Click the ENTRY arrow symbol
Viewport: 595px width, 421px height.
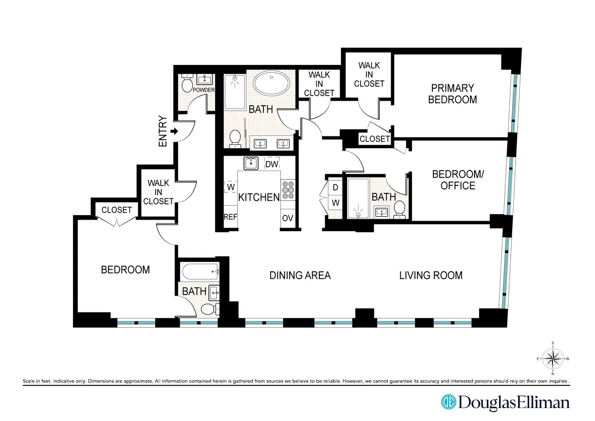[x=174, y=131]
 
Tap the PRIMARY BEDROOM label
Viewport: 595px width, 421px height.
[x=452, y=94]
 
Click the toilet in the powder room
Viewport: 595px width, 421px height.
[x=187, y=84]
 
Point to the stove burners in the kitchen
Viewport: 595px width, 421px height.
[x=288, y=191]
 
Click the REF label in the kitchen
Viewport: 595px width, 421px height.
[x=230, y=217]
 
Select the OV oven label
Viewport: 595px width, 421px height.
[x=288, y=218]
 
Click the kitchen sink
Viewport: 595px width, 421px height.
[x=250, y=163]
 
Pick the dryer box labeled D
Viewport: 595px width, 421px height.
[x=335, y=187]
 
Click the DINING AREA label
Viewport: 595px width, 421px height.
[x=299, y=275]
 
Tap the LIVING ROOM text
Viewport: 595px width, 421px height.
[x=430, y=275]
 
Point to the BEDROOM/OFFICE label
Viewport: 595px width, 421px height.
[x=454, y=180]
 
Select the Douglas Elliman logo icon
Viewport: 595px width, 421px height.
[x=449, y=402]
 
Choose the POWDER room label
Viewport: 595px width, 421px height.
[x=204, y=90]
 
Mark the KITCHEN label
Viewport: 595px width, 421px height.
[x=259, y=197]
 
